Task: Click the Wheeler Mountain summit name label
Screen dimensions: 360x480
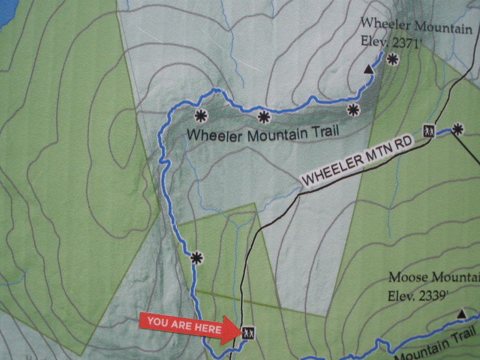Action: click(416, 23)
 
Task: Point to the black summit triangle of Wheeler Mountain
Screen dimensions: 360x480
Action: click(368, 71)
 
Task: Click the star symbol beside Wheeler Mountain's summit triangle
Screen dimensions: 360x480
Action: click(392, 59)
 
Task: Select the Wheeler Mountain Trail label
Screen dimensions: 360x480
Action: click(263, 133)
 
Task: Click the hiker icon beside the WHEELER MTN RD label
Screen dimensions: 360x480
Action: click(428, 130)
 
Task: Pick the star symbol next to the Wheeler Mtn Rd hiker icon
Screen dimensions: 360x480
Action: click(458, 128)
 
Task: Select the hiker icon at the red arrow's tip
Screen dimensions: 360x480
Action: click(248, 331)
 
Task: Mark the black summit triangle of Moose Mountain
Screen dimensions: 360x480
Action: click(461, 314)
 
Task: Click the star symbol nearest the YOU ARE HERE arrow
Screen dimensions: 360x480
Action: click(196, 258)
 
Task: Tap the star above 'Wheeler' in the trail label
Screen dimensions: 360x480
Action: click(200, 116)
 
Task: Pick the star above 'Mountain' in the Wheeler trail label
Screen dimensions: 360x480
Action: click(263, 117)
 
